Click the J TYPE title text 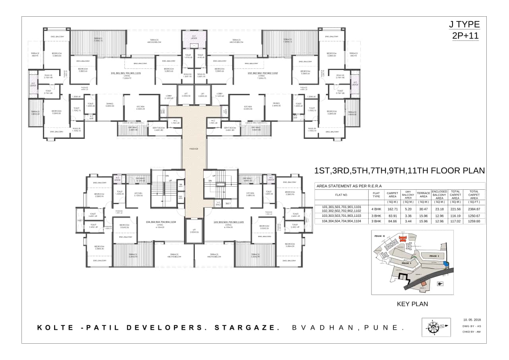pyautogui.click(x=464, y=24)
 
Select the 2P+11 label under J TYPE pyautogui.click(x=465, y=35)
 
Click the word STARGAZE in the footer pyautogui.click(x=245, y=328)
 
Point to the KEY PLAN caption pyautogui.click(x=412, y=304)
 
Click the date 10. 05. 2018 pyautogui.click(x=472, y=319)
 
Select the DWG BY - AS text pyautogui.click(x=472, y=326)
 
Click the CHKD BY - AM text pyautogui.click(x=472, y=331)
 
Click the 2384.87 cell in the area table pyautogui.click(x=474, y=209)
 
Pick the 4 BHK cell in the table pyautogui.click(x=376, y=209)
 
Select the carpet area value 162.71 pyautogui.click(x=392, y=209)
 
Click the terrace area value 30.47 pyautogui.click(x=424, y=209)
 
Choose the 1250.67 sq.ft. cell pyautogui.click(x=474, y=216)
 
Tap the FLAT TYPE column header pyautogui.click(x=376, y=195)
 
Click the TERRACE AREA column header pyautogui.click(x=424, y=195)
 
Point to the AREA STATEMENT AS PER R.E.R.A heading pyautogui.click(x=349, y=186)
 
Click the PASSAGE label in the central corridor pyautogui.click(x=194, y=149)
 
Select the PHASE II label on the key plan pyautogui.click(x=380, y=236)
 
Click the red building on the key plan pyautogui.click(x=403, y=238)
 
